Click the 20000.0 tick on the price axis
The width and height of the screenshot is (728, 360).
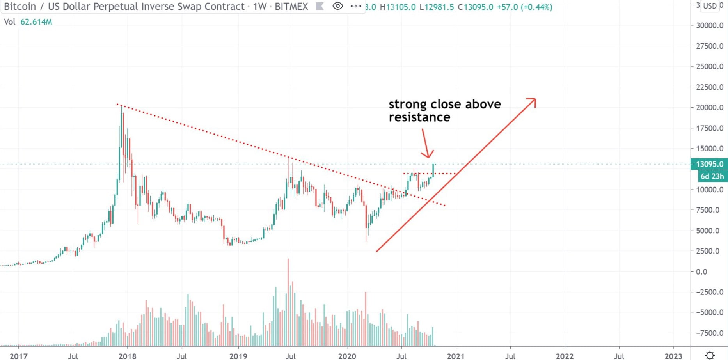tap(709, 108)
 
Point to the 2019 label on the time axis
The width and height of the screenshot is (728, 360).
tap(238, 356)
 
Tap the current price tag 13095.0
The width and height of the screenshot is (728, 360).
tap(709, 164)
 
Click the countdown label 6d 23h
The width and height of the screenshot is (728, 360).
tap(712, 176)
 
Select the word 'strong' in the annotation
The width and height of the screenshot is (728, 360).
tap(408, 104)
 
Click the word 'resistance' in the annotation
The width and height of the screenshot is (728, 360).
tap(419, 117)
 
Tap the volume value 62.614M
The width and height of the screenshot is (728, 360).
tap(36, 22)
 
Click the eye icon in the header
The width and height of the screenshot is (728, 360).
tap(337, 6)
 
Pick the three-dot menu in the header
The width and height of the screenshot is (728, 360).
tap(356, 6)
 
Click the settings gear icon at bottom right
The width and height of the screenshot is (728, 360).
tap(710, 355)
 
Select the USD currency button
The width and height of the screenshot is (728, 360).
tap(710, 6)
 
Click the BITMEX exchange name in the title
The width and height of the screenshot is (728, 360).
tap(291, 7)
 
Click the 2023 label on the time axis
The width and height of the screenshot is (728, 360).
tap(673, 356)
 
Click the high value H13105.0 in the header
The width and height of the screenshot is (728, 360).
tap(398, 7)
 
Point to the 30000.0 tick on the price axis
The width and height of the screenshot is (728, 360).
tap(709, 25)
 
